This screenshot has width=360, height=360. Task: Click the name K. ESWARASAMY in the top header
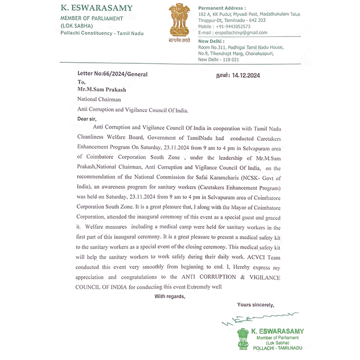click(97, 8)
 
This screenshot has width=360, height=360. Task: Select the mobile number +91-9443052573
click(232, 26)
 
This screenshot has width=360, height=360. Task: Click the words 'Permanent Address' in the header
click(222, 9)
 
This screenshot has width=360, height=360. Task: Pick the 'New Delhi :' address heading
click(212, 41)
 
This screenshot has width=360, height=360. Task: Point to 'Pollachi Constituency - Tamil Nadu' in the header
click(102, 33)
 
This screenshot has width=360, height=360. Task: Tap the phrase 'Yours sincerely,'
click(255, 305)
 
